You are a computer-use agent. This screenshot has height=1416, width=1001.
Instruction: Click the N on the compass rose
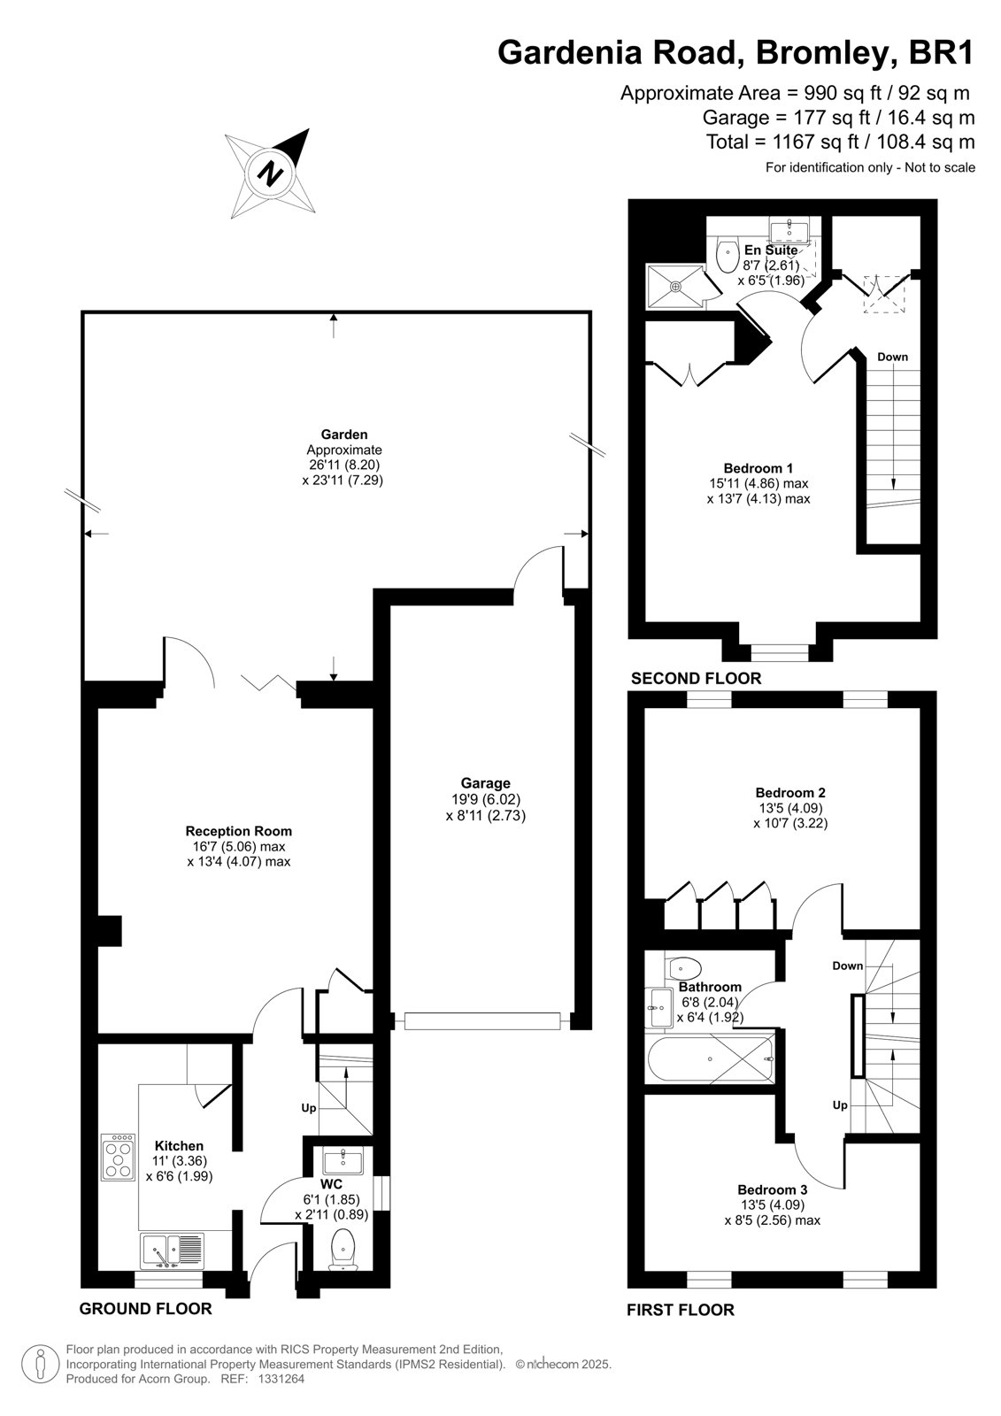tap(271, 172)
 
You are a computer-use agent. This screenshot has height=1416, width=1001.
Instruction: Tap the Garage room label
tap(485, 783)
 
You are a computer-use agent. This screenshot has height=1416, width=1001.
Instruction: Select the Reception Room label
tap(238, 831)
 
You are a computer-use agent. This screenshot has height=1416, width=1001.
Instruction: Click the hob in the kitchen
tap(119, 1157)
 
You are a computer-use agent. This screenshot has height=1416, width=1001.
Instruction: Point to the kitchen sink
tap(173, 1251)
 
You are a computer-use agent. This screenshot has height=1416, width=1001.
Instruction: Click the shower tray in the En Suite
tap(675, 287)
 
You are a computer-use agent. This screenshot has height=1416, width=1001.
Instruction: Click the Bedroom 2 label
tap(790, 793)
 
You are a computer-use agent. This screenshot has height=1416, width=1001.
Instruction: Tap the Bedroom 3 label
tap(773, 1189)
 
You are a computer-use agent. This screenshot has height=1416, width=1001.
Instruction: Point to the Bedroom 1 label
tap(758, 468)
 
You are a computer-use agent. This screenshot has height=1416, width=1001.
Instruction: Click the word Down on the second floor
tap(892, 358)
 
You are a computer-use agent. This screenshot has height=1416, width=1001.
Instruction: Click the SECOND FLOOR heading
tap(697, 679)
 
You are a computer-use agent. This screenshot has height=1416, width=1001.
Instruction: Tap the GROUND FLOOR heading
tap(145, 1309)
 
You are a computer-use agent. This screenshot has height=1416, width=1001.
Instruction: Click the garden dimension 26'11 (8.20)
tap(344, 465)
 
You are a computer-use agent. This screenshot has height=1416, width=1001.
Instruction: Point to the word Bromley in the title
tap(825, 53)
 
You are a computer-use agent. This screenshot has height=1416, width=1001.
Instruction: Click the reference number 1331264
tap(281, 1380)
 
